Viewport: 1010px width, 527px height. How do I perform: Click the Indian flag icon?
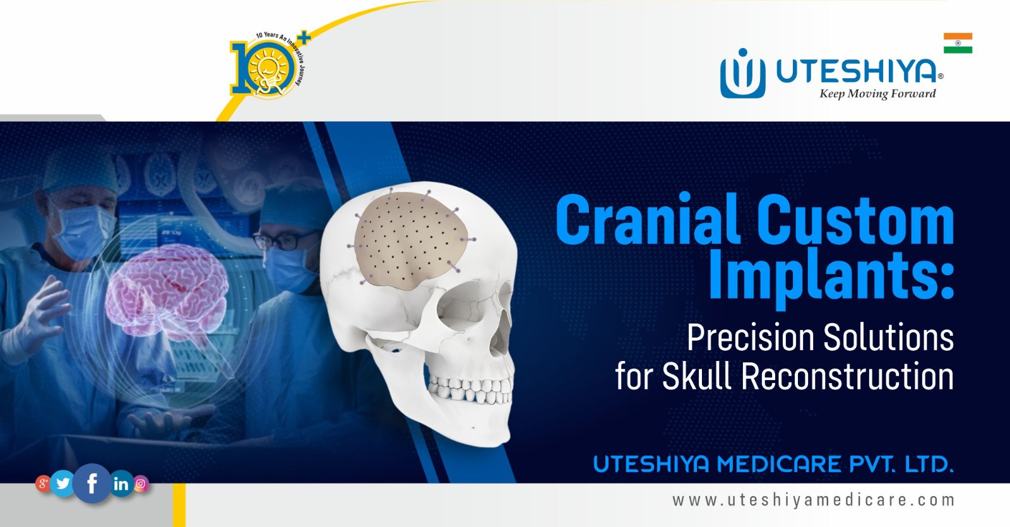958,43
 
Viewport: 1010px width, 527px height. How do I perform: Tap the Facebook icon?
92,483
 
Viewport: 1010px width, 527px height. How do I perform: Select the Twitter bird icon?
63,483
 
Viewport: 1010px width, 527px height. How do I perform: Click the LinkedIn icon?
121,484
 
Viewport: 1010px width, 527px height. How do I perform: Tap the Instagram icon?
141,484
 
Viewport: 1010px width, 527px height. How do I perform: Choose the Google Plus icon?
43,484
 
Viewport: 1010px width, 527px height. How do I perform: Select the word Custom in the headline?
855,219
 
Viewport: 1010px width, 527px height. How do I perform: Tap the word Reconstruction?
847,376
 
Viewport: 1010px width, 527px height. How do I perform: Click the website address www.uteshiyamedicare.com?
813,500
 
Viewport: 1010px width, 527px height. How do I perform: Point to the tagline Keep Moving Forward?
877,94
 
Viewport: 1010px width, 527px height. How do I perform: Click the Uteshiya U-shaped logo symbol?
742,74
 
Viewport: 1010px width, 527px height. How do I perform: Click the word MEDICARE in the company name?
780,465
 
